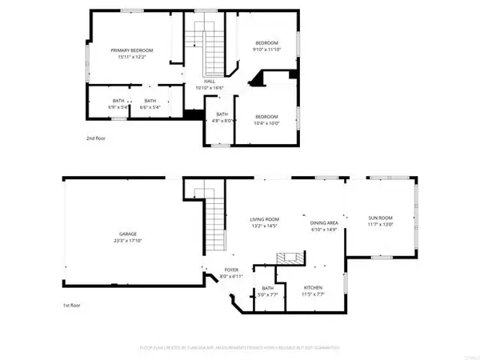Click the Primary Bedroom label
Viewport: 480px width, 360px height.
131,50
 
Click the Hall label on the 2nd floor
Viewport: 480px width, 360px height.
210,81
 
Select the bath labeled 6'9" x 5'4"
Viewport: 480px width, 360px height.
118,101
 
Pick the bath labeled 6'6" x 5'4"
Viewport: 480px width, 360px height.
150,101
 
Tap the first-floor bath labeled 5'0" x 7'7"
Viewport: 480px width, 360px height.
268,288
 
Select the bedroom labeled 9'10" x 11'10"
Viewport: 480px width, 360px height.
266,42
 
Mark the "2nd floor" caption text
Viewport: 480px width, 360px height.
96,138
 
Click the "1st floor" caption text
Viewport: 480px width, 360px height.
74,306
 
